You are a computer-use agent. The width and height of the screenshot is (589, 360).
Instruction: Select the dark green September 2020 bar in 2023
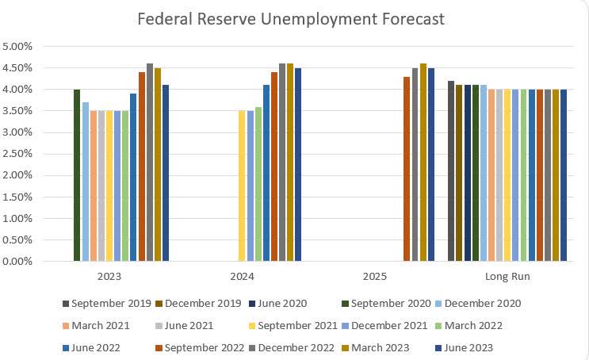pos(77,175)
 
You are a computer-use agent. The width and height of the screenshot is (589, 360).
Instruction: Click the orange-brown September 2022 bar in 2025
pos(407,169)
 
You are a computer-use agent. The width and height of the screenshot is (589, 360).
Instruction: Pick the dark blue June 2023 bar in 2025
pos(431,164)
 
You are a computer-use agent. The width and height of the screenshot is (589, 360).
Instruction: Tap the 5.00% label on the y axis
pos(17,47)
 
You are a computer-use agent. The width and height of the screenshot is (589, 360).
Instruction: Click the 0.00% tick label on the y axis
pos(17,261)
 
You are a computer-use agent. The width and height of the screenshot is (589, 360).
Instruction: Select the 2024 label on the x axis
pos(242,277)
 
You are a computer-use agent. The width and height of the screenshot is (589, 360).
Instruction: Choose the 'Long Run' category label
pos(507,277)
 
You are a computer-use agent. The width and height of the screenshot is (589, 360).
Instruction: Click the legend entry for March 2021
pos(101,325)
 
